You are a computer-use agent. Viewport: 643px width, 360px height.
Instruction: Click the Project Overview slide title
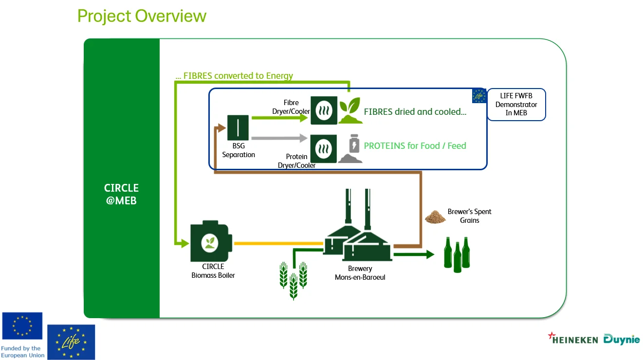point(142,16)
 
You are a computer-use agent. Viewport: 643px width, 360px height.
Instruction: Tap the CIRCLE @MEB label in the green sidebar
point(121,194)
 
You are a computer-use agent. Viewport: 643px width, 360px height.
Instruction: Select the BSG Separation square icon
point(238,127)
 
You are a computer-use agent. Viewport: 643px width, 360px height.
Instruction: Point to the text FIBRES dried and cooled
point(415,112)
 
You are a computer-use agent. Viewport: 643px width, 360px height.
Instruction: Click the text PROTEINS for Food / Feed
point(415,145)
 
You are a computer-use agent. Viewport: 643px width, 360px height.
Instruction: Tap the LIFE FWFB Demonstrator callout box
point(516,104)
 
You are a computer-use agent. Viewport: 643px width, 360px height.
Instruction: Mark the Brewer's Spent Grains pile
point(435,217)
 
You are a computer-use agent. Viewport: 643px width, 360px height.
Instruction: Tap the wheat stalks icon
point(293,279)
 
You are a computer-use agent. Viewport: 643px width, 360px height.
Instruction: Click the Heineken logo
point(573,339)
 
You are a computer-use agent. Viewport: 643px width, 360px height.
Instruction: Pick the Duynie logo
point(622,339)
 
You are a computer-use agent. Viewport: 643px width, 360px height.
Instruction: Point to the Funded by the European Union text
point(22,352)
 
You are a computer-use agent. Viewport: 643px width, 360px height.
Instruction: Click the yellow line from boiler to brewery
point(278,243)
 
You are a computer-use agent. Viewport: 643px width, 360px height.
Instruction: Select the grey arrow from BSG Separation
point(280,139)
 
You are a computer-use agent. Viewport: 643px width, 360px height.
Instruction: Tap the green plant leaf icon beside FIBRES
point(350,110)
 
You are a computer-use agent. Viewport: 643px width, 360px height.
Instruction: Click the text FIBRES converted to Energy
point(234,76)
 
